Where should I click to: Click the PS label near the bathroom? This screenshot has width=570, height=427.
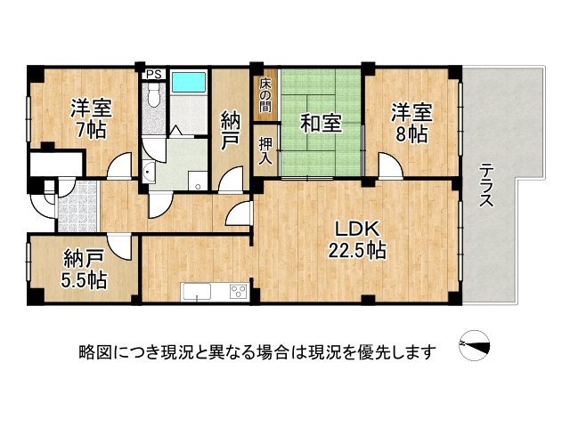tap(153, 75)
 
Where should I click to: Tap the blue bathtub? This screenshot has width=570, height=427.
tap(189, 82)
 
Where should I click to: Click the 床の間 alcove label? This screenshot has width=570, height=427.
tap(265, 94)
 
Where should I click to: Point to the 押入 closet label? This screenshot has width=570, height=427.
tap(265, 151)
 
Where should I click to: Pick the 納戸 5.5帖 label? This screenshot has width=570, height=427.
tap(85, 269)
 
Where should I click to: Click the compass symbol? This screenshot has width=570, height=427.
tap(475, 346)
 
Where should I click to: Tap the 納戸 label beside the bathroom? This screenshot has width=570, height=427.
tap(231, 131)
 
